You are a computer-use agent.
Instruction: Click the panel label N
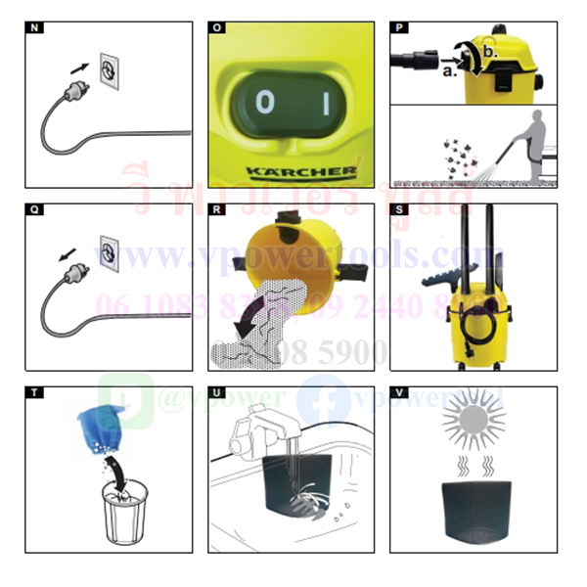click(x=36, y=28)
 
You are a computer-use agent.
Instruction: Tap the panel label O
click(x=218, y=28)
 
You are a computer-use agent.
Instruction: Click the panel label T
click(x=36, y=392)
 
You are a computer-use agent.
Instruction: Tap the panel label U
click(x=218, y=392)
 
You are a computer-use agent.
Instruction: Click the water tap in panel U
click(x=256, y=433)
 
